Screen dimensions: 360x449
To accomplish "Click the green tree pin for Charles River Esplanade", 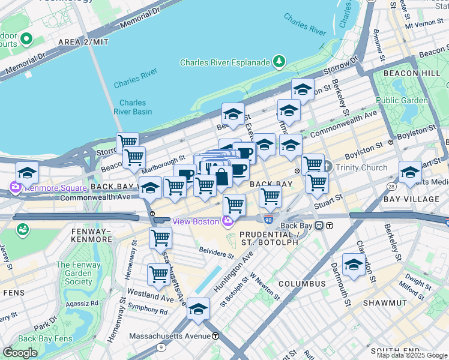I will point(279,61).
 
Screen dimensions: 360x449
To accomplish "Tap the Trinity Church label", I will point(361,167).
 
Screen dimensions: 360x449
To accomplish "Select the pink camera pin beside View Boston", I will point(227,222).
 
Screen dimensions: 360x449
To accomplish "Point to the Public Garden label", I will point(402,100).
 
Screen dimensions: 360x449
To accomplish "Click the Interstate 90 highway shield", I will point(269,220).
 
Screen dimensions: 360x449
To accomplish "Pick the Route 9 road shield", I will point(161,346).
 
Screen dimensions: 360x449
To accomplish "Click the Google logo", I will point(20,353).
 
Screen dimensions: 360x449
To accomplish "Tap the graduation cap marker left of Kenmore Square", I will point(27,173).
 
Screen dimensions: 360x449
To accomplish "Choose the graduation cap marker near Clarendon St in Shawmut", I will point(354,265).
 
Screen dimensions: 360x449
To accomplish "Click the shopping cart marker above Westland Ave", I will point(158,275).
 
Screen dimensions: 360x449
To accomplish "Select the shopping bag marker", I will point(221,177).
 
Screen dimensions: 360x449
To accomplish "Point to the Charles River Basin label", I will point(133,107).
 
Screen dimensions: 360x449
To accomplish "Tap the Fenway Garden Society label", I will point(74,273).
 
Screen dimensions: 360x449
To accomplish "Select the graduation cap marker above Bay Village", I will point(410,172).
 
